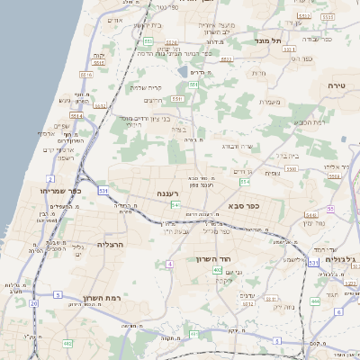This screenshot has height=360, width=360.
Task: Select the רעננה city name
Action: pos(169,193)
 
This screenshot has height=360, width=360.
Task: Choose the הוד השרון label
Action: pos(214,259)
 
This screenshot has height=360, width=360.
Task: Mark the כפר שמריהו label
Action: pos(61,191)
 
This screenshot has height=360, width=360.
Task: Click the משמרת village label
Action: pos(270,102)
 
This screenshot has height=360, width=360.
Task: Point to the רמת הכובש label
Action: pos(310,121)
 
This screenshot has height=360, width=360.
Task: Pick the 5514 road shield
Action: pos(76,116)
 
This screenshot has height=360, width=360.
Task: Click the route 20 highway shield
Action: pos(34,303)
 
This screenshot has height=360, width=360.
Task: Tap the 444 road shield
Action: pos(315,301)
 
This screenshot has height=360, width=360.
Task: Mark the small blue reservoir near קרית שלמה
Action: pos(183,72)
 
